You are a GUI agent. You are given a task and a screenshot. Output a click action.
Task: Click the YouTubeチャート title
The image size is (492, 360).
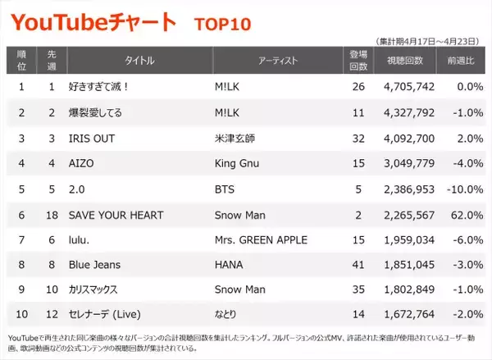click(x=92, y=22)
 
